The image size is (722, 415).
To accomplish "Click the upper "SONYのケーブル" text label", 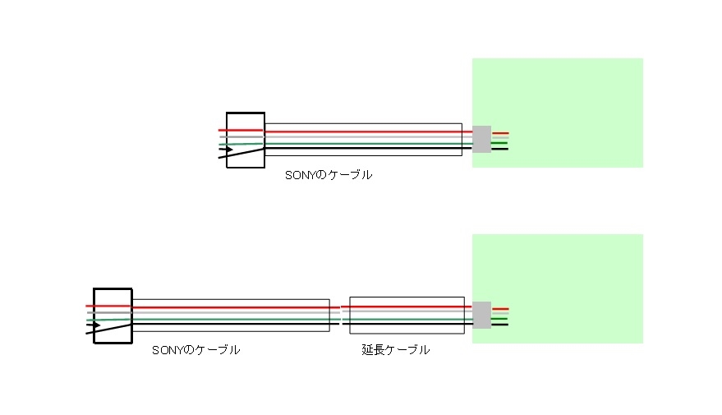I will point(329,175).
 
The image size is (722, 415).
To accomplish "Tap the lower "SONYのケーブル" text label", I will point(196,350).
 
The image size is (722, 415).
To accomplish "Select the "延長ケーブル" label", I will point(396,350).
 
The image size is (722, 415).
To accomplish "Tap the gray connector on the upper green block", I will point(481,139).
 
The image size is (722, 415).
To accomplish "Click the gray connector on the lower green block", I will point(481,315).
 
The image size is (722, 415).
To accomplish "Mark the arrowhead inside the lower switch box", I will point(96,325).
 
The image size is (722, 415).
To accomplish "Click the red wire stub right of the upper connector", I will point(500,133).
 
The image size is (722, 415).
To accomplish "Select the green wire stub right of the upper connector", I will point(499,144).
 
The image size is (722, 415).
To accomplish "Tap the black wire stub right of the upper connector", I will point(499,149).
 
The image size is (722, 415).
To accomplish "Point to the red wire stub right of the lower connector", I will point(500,308).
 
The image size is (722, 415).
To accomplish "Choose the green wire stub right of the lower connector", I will point(499,319).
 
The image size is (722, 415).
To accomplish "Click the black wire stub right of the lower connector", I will point(499,325).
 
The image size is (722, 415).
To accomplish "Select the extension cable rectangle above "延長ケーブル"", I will point(407,301).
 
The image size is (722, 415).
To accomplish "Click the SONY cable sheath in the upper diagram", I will point(362,127).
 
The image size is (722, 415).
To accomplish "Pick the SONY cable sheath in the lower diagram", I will point(230,302).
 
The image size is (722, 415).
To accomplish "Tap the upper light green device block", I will point(567,90).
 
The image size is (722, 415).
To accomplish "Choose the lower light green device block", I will point(567,263).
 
